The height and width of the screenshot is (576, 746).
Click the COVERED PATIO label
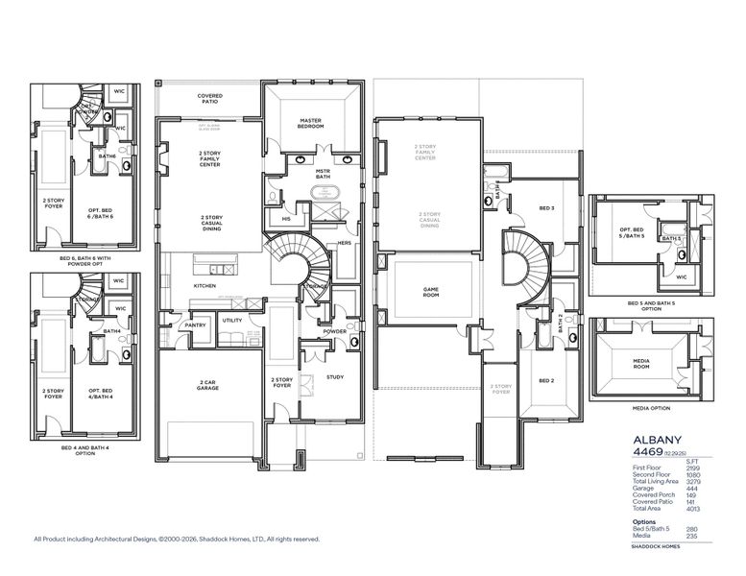click(210, 98)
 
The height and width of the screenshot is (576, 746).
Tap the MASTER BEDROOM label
click(309, 123)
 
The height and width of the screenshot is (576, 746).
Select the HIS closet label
click(286, 218)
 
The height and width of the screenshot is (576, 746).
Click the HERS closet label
click(345, 243)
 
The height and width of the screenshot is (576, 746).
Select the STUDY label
click(335, 377)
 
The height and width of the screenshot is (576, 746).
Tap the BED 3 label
click(546, 208)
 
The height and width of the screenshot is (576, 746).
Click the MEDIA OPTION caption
click(650, 407)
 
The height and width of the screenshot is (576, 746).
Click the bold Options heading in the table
click(644, 521)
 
